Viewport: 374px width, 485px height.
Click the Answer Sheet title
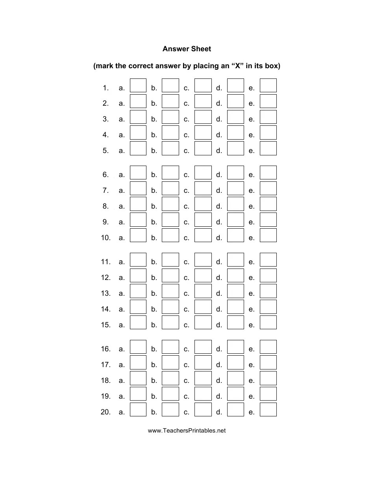coord(187,49)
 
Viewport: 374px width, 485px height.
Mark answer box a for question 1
coord(138,86)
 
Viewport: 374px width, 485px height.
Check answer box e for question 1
coord(268,86)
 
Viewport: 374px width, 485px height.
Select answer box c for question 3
coord(203,117)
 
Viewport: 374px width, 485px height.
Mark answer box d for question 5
coord(235,149)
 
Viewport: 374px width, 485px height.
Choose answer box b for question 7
coord(170,188)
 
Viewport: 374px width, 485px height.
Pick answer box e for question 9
coord(268,220)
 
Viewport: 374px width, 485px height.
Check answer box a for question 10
coord(138,236)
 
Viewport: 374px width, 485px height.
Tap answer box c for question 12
coord(203,276)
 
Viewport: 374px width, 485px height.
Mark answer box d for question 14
coord(235,307)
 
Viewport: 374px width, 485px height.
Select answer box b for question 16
coord(170,347)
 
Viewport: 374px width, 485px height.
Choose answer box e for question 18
coord(268,379)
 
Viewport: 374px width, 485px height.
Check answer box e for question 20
coord(268,410)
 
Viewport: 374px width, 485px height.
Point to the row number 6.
coord(106,175)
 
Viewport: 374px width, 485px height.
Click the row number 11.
coord(106,262)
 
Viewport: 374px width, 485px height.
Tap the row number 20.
coord(106,412)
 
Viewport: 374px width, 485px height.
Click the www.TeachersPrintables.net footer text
coord(187,431)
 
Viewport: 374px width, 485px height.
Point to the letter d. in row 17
coord(219,365)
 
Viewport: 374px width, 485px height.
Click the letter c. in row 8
coord(186,207)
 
